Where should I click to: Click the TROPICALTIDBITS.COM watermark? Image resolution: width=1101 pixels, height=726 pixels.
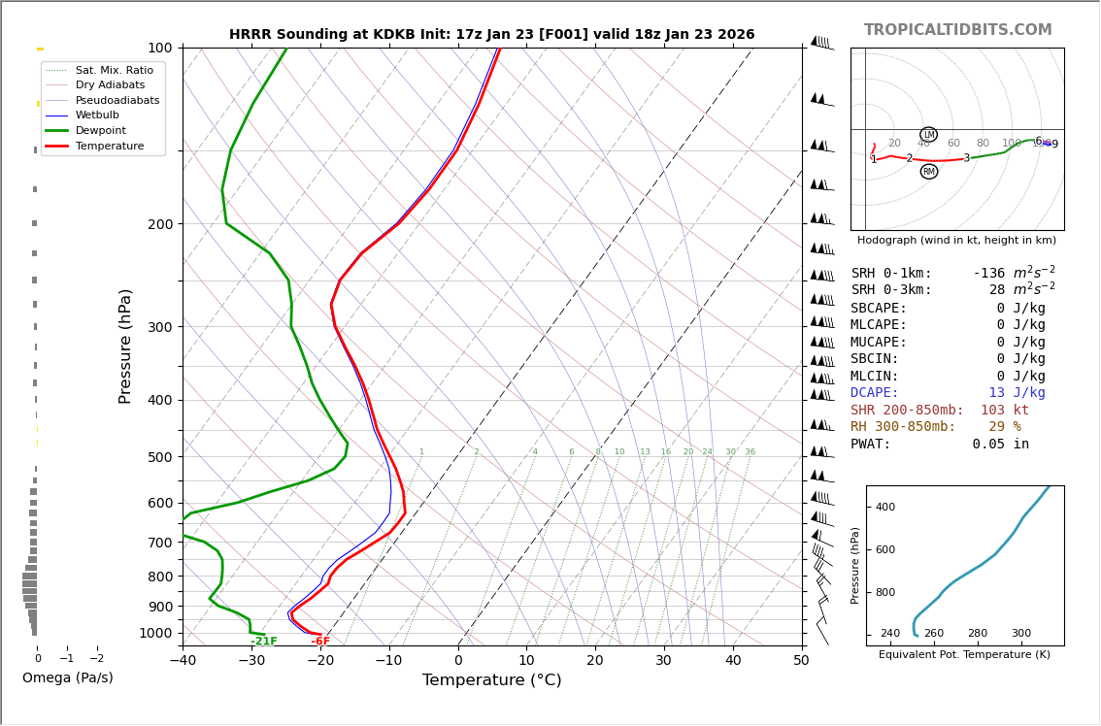click(x=957, y=30)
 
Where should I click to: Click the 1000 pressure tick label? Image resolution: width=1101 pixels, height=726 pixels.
click(x=156, y=633)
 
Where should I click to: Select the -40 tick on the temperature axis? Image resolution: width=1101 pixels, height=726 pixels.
click(x=183, y=661)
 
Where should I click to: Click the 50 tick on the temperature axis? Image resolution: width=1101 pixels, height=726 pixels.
click(x=801, y=661)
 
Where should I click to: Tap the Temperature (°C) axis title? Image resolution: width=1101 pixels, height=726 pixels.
click(x=491, y=680)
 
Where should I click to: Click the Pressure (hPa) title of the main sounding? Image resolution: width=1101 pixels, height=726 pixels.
click(x=126, y=346)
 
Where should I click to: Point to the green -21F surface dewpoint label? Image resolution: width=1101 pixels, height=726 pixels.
click(x=264, y=642)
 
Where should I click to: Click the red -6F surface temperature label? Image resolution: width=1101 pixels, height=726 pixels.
click(x=320, y=642)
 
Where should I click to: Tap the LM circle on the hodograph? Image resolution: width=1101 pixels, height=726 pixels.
click(x=928, y=135)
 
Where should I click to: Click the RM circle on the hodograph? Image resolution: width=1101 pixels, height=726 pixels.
click(x=929, y=172)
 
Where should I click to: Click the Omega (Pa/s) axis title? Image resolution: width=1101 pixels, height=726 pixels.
click(x=68, y=677)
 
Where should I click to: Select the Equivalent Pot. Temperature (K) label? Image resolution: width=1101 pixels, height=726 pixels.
click(x=964, y=655)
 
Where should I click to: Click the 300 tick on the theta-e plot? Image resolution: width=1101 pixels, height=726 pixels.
click(x=1021, y=634)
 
